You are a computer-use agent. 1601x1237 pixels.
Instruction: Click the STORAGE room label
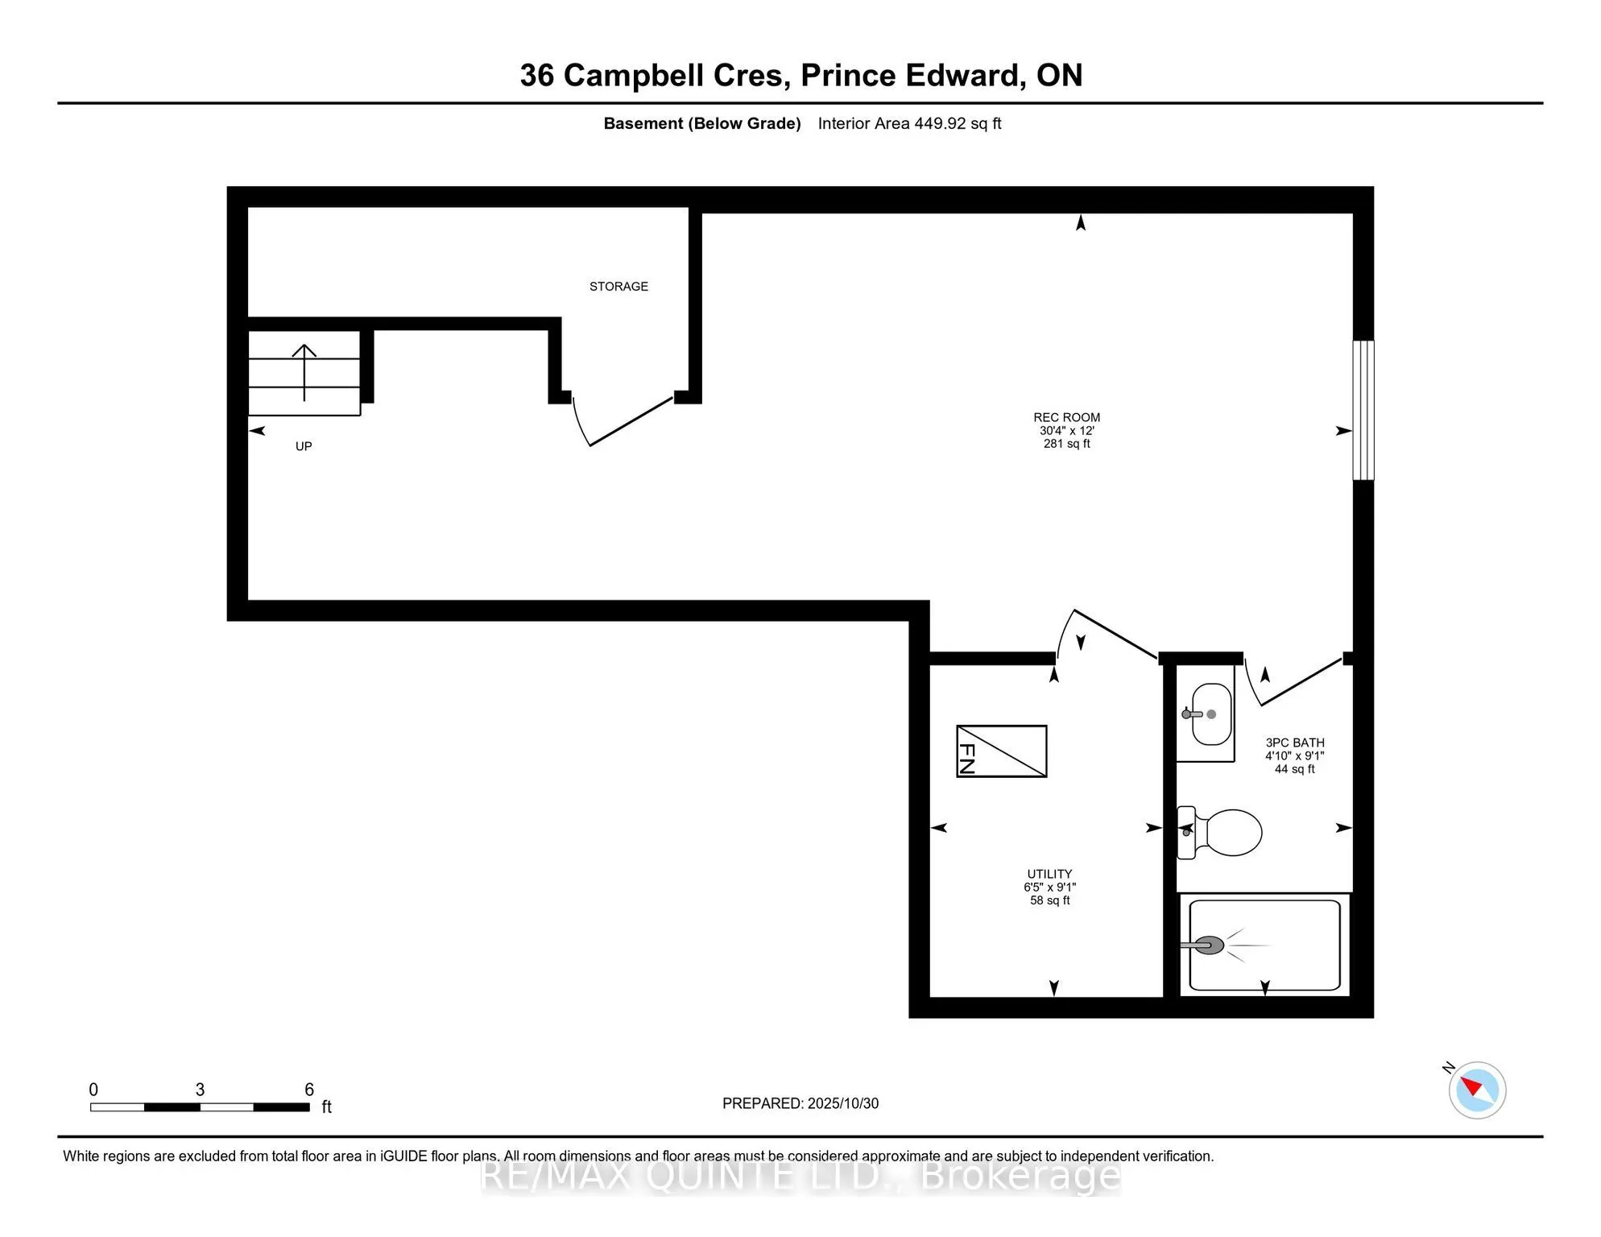[x=618, y=287]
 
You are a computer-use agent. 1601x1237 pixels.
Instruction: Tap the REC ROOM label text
[x=1066, y=417]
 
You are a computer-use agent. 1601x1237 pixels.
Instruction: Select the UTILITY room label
[x=1049, y=874]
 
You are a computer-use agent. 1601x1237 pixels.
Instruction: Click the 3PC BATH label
[x=1294, y=743]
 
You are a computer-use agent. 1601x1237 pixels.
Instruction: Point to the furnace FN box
[x=1001, y=751]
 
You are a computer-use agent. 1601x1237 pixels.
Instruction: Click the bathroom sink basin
[x=1211, y=714]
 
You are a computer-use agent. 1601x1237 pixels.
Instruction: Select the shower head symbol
[x=1207, y=945]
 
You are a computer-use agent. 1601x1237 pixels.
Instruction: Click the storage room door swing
[x=628, y=423]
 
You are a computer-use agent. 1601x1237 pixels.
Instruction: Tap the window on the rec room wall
[x=1363, y=410]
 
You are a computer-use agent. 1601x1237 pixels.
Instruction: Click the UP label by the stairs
[x=304, y=446]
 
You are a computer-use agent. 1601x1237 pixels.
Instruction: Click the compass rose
[x=1477, y=1090]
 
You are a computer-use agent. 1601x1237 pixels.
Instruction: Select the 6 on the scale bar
[x=309, y=1090]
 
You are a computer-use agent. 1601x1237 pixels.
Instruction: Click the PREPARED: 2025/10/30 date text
[x=800, y=1103]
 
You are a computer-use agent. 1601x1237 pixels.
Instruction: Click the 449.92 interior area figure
[x=940, y=123]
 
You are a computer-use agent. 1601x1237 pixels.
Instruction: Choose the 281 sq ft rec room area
[x=1066, y=444]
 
